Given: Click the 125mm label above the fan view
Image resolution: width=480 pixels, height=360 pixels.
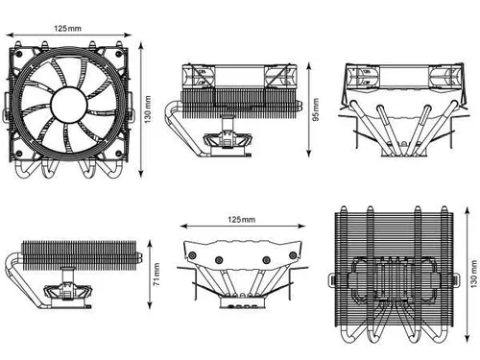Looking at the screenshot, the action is (67, 29).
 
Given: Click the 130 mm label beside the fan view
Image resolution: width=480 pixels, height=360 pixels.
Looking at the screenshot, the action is (148, 109).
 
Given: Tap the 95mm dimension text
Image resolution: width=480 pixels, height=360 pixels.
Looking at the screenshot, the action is (316, 109).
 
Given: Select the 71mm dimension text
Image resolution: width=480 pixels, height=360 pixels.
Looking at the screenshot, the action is (156, 275).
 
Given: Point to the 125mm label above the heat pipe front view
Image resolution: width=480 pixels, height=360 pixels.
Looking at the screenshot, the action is (241, 220).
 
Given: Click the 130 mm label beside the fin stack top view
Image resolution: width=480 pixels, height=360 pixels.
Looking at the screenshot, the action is (474, 274).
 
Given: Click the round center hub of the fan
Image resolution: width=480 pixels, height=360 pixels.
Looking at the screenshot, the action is (69, 105).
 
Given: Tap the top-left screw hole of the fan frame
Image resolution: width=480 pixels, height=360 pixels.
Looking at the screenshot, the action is (18, 54).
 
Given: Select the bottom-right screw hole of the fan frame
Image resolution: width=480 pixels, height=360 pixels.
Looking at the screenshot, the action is (119, 154).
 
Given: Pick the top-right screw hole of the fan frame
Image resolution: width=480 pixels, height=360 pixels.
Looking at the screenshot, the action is (119, 54).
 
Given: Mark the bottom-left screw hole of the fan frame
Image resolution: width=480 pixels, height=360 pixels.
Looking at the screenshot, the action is (18, 154).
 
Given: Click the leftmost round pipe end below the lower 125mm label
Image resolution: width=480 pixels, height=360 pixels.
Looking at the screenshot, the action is (192, 255).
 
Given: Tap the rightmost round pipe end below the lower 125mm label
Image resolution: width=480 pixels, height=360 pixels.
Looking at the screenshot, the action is (293, 255).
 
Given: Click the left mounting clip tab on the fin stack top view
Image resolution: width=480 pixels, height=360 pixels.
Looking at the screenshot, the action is (332, 280).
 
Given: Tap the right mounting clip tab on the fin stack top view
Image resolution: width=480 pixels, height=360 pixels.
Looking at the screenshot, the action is (455, 279).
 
